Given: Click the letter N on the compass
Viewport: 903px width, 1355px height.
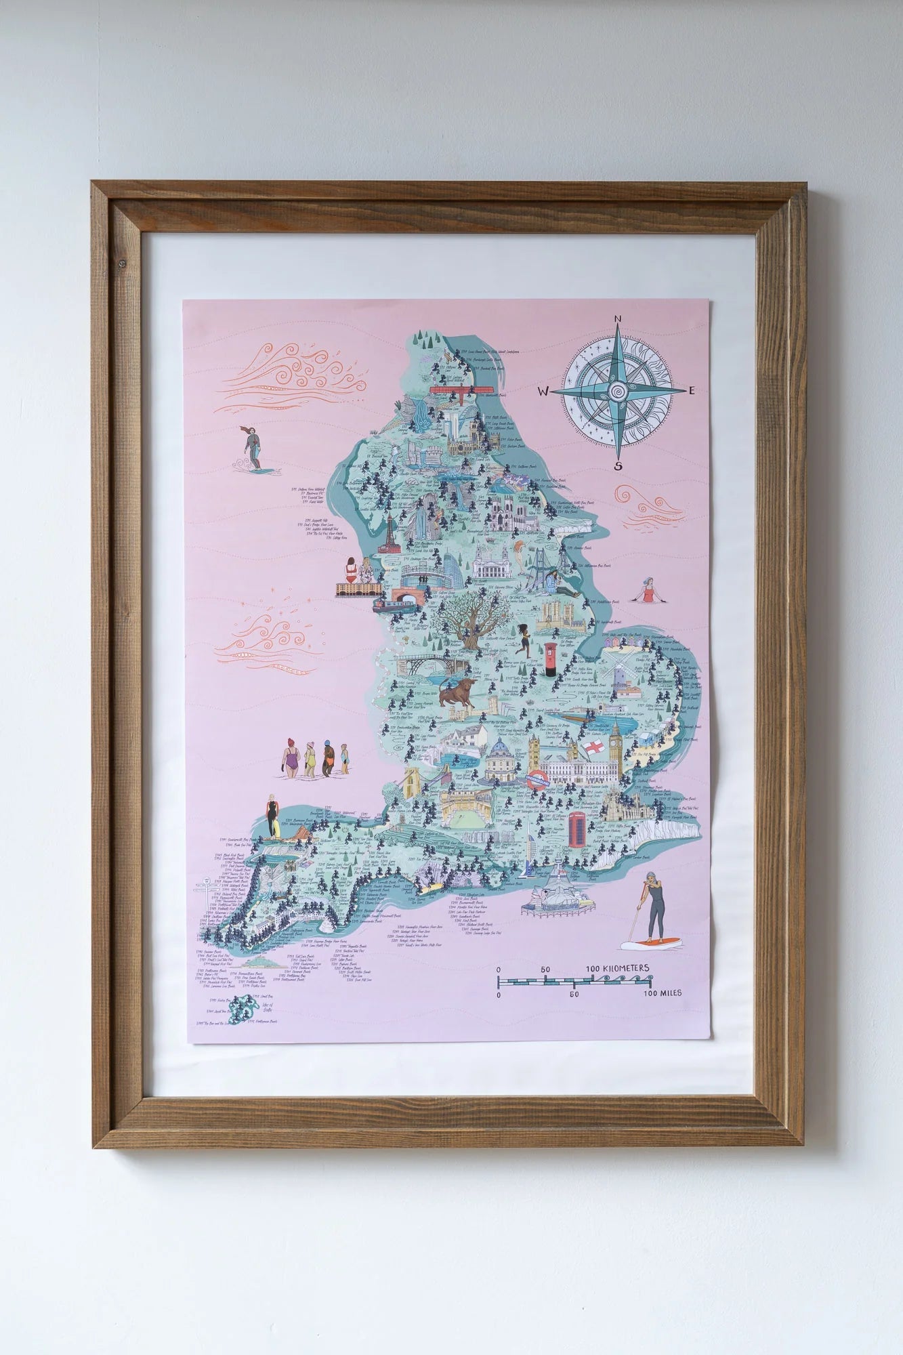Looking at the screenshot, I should coord(618,319).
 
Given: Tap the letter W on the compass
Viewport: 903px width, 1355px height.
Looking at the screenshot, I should coord(543,392).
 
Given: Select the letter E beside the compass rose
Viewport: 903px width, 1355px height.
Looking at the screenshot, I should coord(692,390).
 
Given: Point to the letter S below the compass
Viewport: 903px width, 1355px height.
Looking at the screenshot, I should coord(618,465).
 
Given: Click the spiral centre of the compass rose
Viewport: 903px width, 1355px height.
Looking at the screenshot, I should coord(618,392).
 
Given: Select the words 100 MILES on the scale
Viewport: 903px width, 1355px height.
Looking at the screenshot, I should coord(663,994).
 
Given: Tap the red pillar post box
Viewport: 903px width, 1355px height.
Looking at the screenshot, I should coord(549,659).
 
